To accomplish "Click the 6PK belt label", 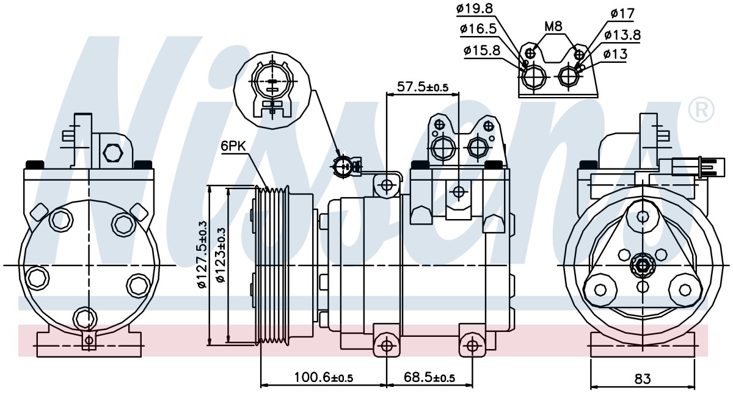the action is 233,146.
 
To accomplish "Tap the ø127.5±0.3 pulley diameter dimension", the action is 203,254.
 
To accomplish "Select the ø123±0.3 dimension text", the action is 221,255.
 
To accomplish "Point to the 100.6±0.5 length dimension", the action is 324,377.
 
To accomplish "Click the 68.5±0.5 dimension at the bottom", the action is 429,377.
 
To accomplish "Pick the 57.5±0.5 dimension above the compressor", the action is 423,87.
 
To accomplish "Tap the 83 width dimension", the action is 643,378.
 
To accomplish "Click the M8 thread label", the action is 553,26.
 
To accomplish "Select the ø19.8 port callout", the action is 475,9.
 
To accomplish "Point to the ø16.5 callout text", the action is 478,29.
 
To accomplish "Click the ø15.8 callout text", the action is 482,51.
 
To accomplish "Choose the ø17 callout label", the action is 622,14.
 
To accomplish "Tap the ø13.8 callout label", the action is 622,35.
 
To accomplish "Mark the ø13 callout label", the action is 615,54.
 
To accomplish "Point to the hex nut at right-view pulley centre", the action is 643,264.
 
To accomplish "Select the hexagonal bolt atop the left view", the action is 112,153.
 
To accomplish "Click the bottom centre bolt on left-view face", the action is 85,319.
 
